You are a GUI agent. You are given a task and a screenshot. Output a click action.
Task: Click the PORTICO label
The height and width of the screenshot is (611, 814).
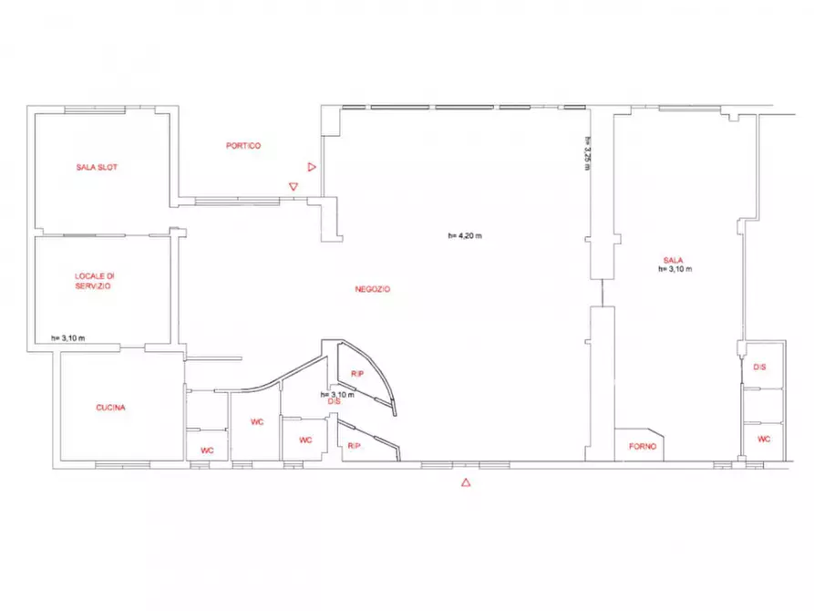243,146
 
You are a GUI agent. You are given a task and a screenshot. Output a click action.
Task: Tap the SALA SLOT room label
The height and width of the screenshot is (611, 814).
97,167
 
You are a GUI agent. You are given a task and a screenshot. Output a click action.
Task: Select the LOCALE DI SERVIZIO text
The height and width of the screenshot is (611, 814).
94,281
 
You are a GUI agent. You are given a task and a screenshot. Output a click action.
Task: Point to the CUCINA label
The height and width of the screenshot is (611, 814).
110,408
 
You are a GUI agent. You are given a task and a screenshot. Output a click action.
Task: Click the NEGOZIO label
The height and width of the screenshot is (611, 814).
372,289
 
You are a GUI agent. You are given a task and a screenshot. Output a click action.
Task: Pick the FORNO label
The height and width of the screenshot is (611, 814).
643,446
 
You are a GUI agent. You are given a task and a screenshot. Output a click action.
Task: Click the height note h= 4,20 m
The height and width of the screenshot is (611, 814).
465,236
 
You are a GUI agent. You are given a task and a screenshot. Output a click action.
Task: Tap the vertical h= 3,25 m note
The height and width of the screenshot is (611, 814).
588,153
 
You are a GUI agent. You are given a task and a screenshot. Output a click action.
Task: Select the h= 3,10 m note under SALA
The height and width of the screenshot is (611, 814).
675,269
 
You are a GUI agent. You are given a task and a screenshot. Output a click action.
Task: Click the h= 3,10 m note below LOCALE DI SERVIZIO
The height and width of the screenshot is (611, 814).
68,338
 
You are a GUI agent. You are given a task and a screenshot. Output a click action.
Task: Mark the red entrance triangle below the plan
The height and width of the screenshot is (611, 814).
466,482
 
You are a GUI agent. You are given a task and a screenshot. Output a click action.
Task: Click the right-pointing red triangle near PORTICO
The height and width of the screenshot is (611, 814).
312,167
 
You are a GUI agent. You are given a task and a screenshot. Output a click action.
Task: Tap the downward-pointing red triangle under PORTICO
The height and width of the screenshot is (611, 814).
294,187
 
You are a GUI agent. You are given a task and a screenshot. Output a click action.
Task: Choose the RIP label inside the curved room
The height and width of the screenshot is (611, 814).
357,374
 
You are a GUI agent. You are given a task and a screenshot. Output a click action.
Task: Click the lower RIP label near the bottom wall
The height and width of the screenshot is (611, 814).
354,446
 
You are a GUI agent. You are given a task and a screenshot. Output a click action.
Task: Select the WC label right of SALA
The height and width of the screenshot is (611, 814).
764,440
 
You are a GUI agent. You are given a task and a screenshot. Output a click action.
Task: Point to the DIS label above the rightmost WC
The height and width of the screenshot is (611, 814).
759,368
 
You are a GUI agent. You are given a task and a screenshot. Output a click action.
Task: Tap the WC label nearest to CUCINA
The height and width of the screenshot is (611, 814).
207,451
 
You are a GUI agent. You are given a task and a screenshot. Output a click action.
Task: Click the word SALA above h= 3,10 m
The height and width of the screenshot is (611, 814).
674,260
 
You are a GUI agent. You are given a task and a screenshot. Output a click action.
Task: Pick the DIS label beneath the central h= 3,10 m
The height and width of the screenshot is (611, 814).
335,401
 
